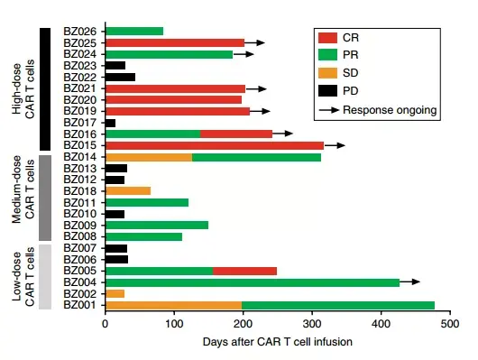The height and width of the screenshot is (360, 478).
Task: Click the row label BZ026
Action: tap(81, 32)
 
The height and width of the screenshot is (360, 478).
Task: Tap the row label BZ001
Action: tap(81, 305)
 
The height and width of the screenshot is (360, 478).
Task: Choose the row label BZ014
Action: tap(81, 157)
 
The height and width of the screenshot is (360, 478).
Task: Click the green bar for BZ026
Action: tap(134, 32)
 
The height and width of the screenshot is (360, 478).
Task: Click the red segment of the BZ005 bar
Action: tap(244, 271)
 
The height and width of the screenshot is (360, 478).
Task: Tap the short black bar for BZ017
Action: tap(110, 123)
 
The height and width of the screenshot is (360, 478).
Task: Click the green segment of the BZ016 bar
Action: tap(152, 134)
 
